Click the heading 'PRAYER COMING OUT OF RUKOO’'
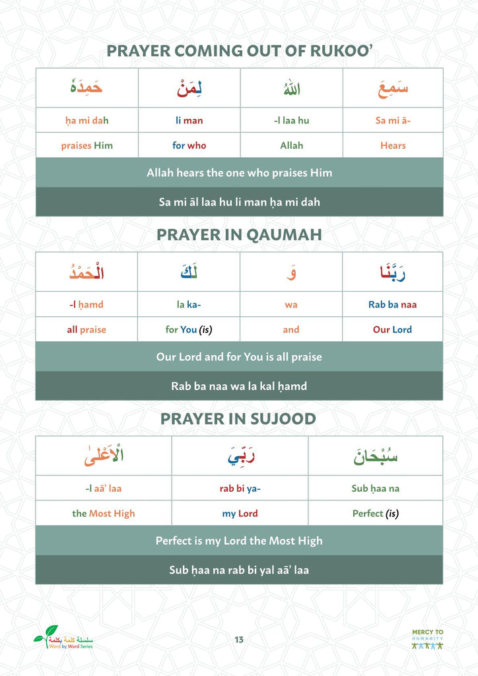(x=239, y=51)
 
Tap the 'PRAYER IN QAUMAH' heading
(x=239, y=235)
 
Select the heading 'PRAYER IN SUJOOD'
(x=238, y=419)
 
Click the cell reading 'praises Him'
(x=87, y=145)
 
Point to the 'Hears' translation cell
(x=393, y=145)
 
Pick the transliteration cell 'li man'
(x=189, y=120)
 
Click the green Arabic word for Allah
(x=291, y=88)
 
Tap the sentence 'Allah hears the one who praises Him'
(x=239, y=173)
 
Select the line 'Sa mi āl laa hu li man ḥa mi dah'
(x=239, y=202)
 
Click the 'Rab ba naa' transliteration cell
(x=392, y=304)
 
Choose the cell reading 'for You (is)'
(x=189, y=329)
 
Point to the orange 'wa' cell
(x=291, y=304)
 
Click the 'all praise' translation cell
(x=86, y=329)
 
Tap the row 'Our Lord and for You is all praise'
(x=239, y=356)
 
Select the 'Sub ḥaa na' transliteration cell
(x=375, y=489)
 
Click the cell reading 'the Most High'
(x=104, y=514)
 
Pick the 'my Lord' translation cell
(x=240, y=514)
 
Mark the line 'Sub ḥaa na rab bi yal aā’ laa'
(x=239, y=570)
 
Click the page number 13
(x=239, y=639)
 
